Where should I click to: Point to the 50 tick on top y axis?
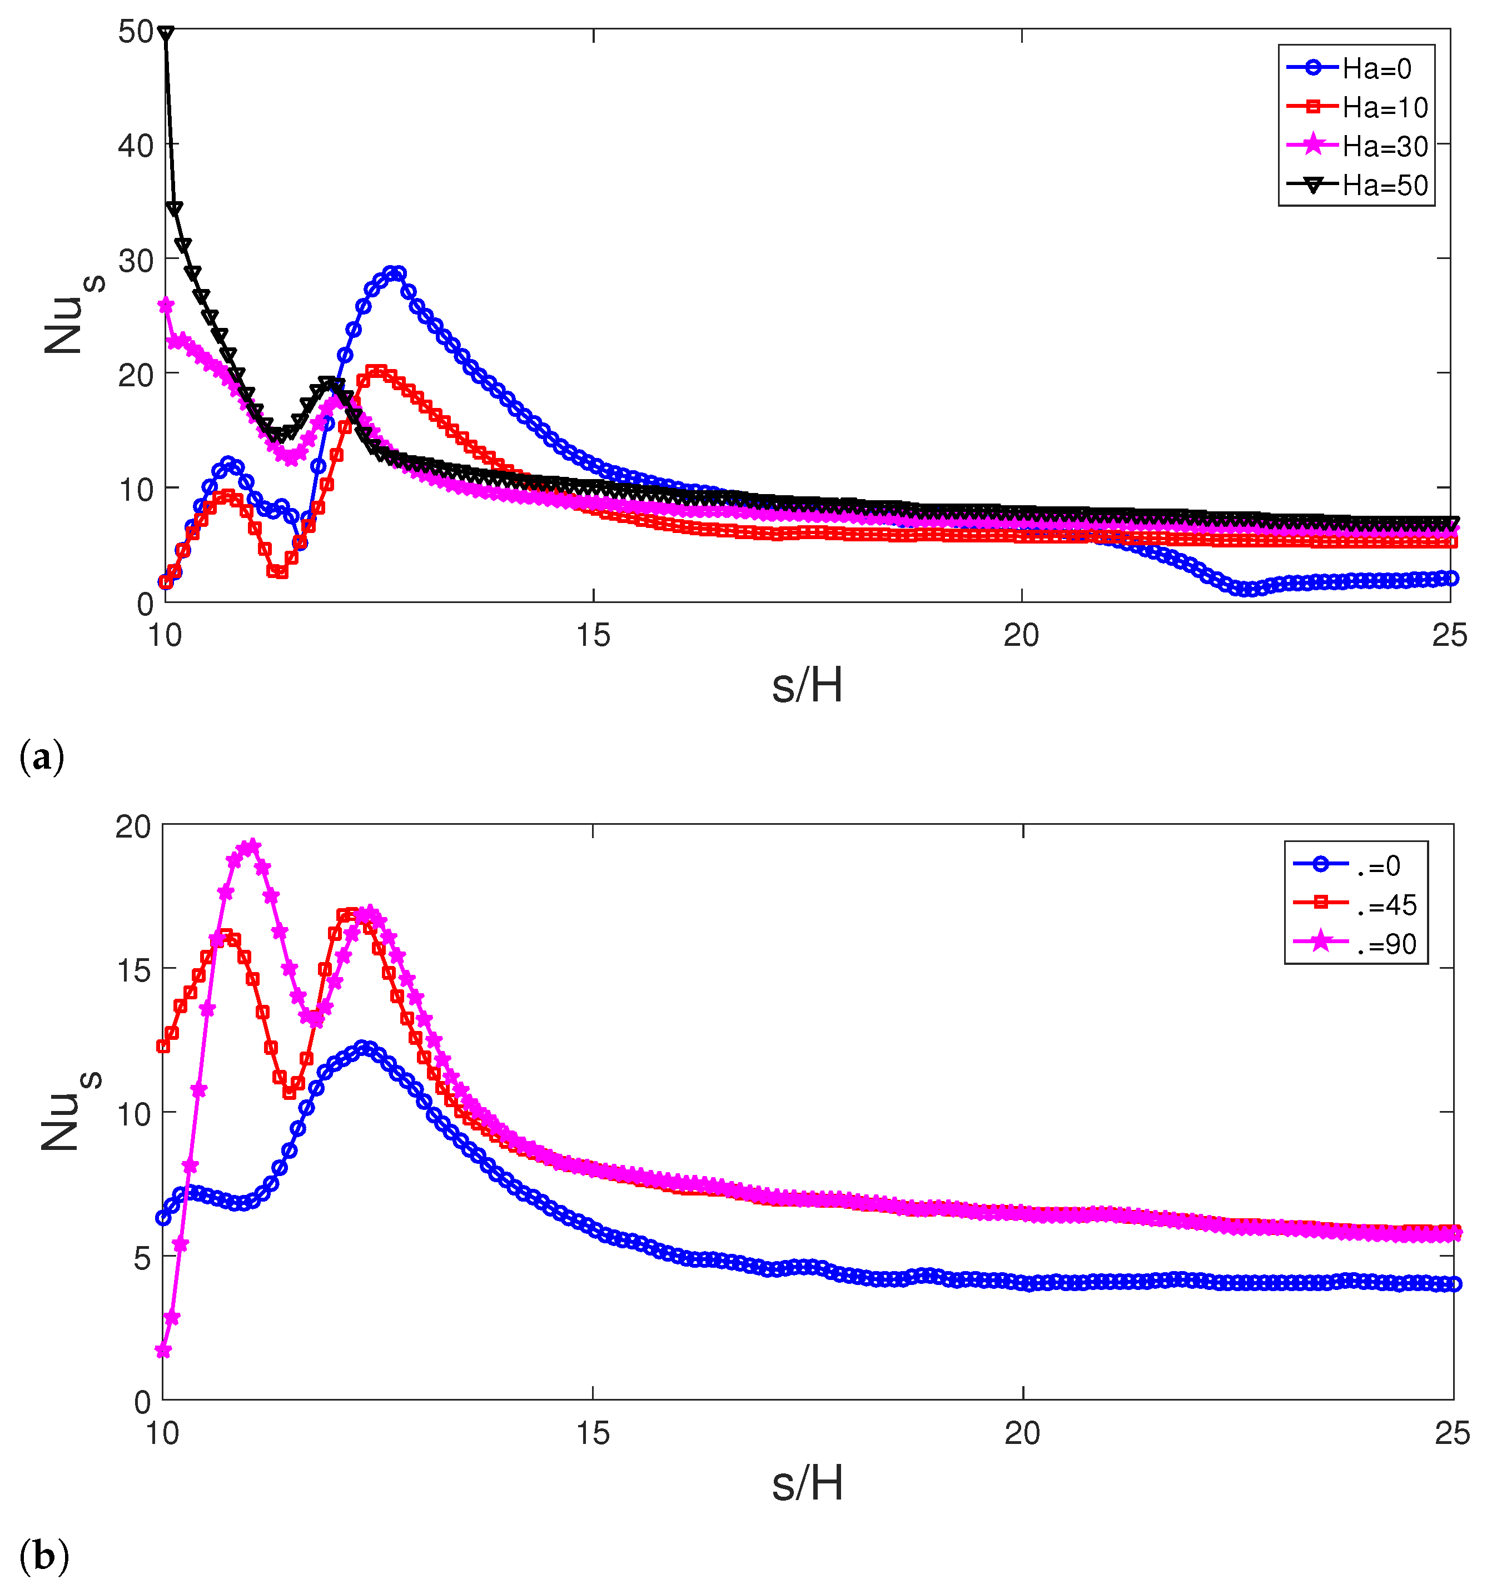135,32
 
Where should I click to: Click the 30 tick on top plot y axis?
135,260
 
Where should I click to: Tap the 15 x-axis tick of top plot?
593,636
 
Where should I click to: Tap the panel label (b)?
43,1555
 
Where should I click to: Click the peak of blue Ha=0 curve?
394,273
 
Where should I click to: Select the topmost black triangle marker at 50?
166,33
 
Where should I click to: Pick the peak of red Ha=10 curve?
376,372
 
